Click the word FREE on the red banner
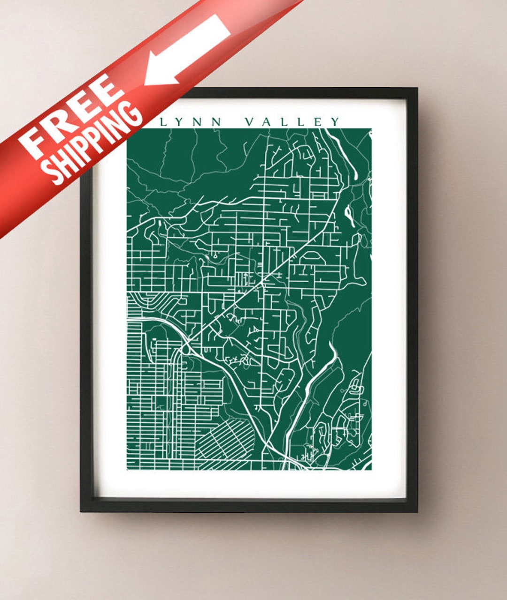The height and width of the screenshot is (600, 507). tap(70, 117)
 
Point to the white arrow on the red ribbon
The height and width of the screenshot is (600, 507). tap(188, 49)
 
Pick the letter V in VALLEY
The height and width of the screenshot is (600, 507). tap(251, 122)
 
